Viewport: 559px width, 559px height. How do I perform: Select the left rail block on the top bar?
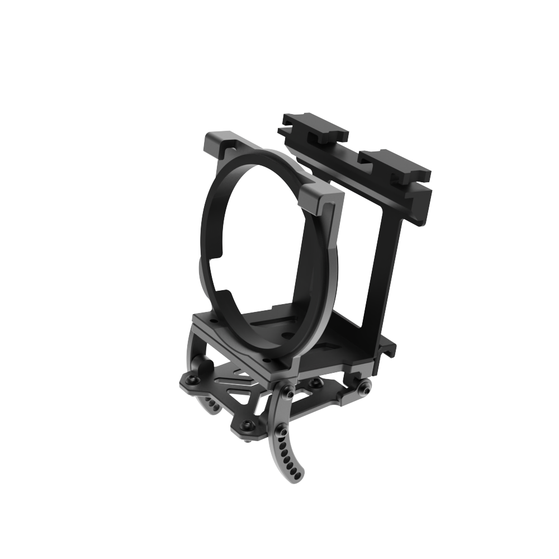(316, 129)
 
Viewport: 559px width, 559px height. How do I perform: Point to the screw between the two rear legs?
(315, 382)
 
